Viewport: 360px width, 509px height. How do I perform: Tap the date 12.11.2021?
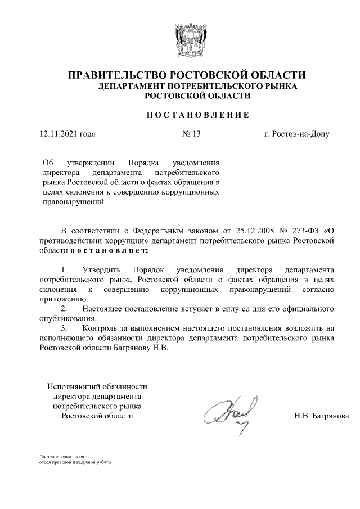58,134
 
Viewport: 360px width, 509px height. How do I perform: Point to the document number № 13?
192,134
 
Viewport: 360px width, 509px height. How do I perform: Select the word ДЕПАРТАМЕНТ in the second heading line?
132,87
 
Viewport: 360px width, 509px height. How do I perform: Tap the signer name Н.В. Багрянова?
321,416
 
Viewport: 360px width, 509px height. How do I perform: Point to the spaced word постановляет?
109,250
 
